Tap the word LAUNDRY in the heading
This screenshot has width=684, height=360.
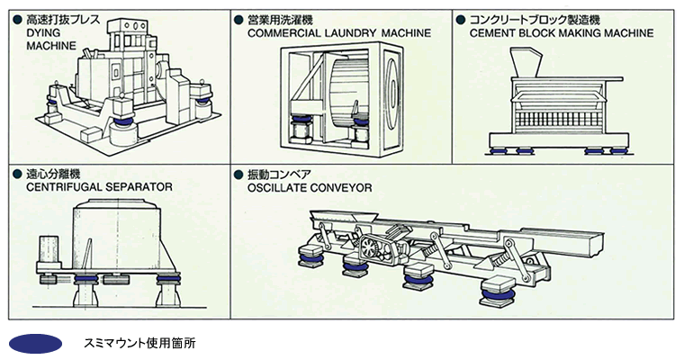347,33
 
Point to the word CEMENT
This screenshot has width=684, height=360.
493,33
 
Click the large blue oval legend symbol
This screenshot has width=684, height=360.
35,344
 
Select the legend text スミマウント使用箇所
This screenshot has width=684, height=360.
139,344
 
